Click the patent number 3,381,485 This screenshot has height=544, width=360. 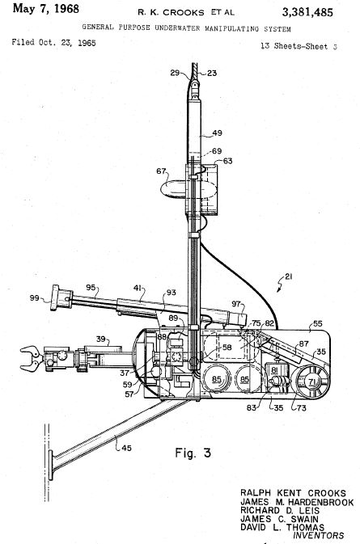coord(307,13)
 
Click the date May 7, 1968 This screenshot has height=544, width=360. coord(46,9)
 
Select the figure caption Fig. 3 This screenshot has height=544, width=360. coord(193,453)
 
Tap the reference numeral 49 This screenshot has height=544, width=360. coord(217,133)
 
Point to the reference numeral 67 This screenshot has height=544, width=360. coord(161,171)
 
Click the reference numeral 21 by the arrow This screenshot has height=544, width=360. coord(289,276)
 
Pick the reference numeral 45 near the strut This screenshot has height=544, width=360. coord(126,448)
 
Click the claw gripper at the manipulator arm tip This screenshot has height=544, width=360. coord(31,359)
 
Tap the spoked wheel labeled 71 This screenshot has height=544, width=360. coord(311,382)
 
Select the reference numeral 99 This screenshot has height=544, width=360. coord(34,297)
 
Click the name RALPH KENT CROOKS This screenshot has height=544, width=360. coord(293,493)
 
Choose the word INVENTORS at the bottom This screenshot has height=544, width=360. coord(319,535)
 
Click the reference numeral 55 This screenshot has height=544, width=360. coord(318,323)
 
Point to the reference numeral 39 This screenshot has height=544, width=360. coord(101,339)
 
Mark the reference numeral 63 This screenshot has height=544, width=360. coord(227,161)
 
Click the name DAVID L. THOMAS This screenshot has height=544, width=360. coord(282,527)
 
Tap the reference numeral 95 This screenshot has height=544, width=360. coord(91,287)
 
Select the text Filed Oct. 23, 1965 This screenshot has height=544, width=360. coord(54,42)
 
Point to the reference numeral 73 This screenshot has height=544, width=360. coord(301,407)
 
